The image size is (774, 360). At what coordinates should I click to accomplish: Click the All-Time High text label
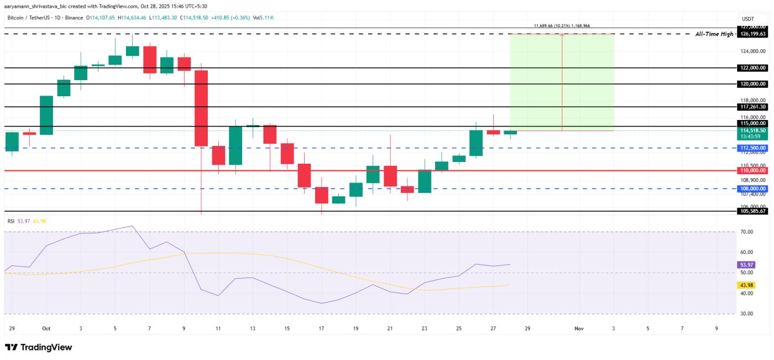point(713,34)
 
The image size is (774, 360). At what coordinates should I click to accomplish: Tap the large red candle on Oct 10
point(201,108)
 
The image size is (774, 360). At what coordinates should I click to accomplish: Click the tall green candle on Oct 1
point(46,115)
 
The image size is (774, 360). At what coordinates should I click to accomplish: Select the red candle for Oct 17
point(321,195)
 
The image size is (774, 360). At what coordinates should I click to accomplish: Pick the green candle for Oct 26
point(476,143)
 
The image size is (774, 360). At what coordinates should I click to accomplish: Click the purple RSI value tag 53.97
point(746,265)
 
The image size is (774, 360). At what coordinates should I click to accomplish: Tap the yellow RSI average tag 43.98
point(746,285)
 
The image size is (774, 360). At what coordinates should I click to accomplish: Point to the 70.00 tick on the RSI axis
point(746,232)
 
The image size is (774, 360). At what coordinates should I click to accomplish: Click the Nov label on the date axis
point(579,328)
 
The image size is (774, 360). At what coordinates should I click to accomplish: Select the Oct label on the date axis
point(46,328)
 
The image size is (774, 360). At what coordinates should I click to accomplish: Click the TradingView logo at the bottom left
point(39,347)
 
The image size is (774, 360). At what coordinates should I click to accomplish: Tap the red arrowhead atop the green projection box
point(562,36)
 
